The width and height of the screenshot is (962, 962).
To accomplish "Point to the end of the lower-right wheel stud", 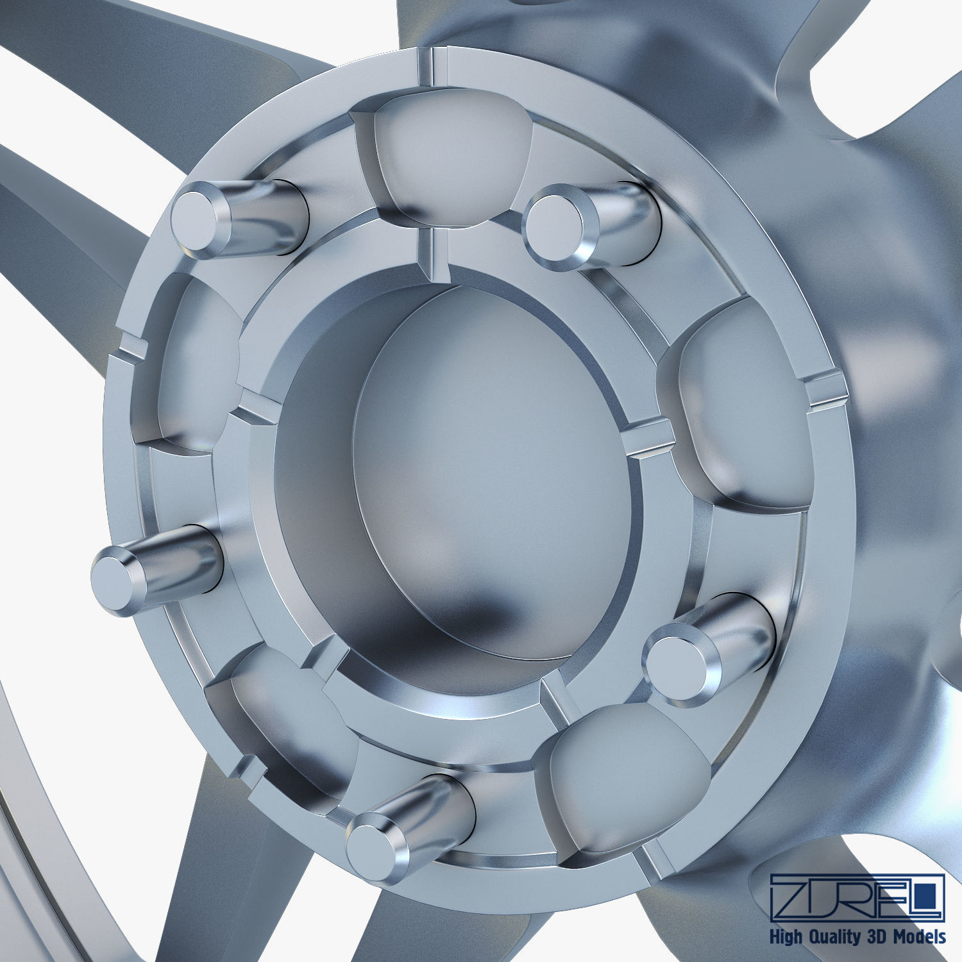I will coord(673,661).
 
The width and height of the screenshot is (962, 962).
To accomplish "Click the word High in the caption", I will coord(789,936).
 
